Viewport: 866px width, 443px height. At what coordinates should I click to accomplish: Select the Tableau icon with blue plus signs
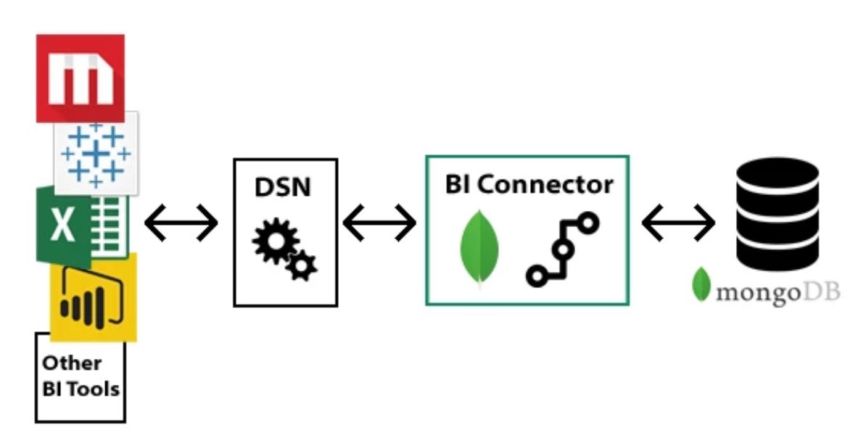pyautogui.click(x=96, y=153)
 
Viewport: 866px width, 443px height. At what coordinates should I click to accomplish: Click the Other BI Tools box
pyautogui.click(x=80, y=377)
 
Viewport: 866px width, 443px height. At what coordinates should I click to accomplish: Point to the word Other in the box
pyautogui.click(x=72, y=363)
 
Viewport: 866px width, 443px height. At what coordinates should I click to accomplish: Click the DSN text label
pyautogui.click(x=283, y=187)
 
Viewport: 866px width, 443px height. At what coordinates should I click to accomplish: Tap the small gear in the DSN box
pyautogui.click(x=302, y=268)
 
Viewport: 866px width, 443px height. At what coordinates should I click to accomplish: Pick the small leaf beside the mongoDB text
pyautogui.click(x=701, y=284)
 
